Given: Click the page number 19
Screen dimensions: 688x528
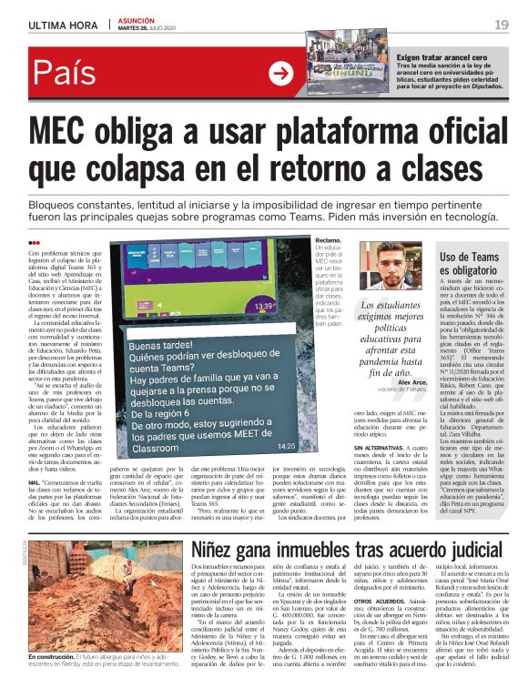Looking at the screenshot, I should (x=501, y=24).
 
